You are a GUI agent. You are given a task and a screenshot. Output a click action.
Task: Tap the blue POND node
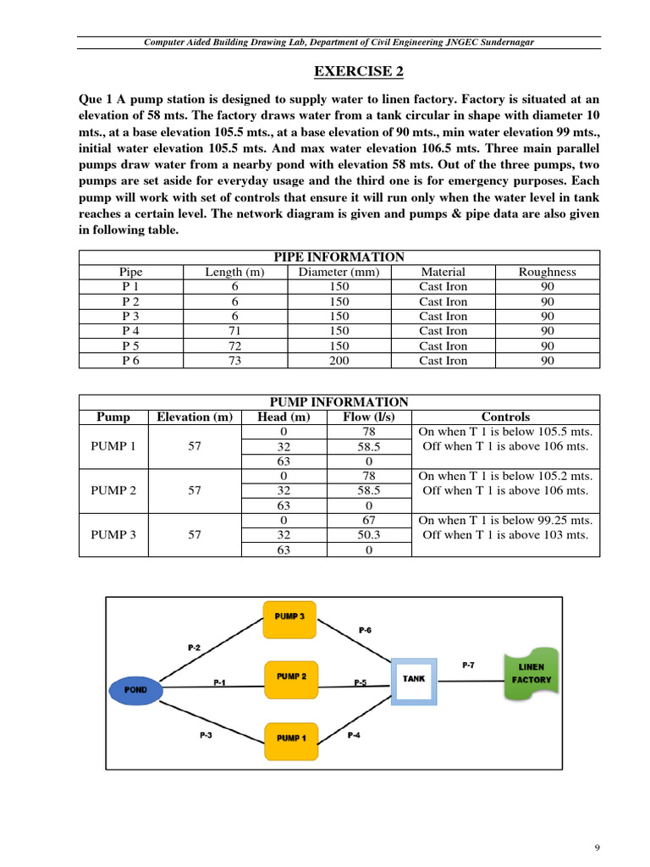135,689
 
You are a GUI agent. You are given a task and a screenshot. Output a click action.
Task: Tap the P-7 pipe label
468,665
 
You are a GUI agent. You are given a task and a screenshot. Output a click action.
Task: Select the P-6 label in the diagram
365,630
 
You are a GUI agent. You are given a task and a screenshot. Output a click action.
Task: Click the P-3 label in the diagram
206,735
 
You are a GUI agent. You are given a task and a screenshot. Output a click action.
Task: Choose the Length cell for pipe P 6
235,361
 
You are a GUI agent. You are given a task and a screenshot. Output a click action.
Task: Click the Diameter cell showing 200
339,361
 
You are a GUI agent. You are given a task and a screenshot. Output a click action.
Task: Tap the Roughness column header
548,272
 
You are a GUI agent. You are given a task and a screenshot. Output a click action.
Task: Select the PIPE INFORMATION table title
339,257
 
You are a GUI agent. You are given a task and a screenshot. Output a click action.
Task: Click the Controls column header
505,417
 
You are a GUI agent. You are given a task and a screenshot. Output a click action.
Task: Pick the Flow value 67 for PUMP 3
368,520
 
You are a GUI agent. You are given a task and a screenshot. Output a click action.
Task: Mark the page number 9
598,848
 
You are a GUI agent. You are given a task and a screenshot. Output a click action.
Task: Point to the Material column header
443,272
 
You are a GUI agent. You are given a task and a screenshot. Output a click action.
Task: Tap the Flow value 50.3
368,534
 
